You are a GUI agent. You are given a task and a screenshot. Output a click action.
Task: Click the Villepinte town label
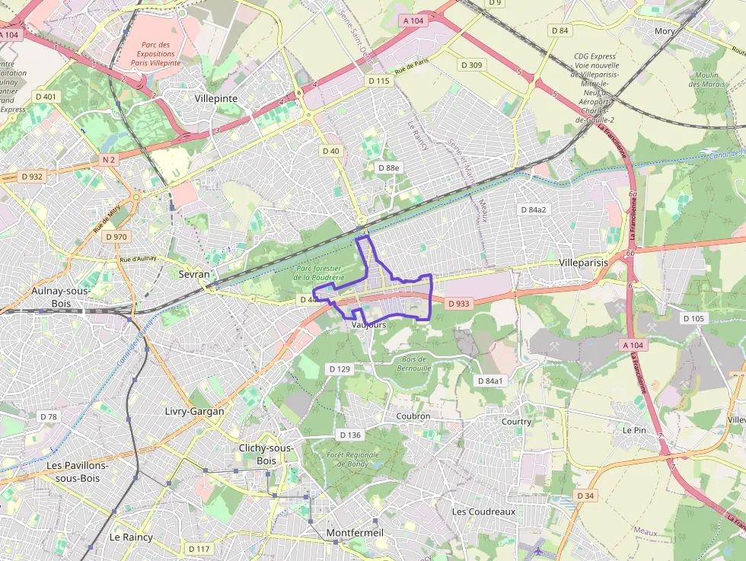coord(215,99)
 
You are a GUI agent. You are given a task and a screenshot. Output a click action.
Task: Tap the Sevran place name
coord(193,273)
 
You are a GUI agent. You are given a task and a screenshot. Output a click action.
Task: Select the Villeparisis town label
coord(584,262)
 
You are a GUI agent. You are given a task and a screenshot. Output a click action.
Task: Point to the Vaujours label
coord(370,324)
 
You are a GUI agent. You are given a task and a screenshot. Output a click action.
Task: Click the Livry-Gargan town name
coord(194,411)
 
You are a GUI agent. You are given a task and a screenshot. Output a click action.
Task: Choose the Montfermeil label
coord(355,533)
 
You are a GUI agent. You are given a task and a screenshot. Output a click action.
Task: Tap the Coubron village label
coord(413,416)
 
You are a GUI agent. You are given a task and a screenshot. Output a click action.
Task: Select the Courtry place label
coord(516,421)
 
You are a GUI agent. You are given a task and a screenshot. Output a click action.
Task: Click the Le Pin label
coord(634,429)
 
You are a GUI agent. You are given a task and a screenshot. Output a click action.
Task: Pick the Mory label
coord(665,31)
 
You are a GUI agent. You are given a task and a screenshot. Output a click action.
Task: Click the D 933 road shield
coord(460,304)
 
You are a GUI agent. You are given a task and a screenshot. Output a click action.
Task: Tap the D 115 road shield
coord(378,81)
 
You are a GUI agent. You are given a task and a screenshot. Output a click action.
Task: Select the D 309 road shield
coord(472,65)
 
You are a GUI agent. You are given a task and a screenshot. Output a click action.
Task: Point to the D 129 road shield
coord(340,368)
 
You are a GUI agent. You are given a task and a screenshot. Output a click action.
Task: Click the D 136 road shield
coord(349,435)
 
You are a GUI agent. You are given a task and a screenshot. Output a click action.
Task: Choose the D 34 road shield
coord(585,496)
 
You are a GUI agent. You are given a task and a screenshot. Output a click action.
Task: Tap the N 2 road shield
coord(108,160)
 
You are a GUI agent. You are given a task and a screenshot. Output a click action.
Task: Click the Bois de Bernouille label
coord(414,363)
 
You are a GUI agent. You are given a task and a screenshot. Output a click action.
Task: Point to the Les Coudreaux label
coord(483,512)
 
